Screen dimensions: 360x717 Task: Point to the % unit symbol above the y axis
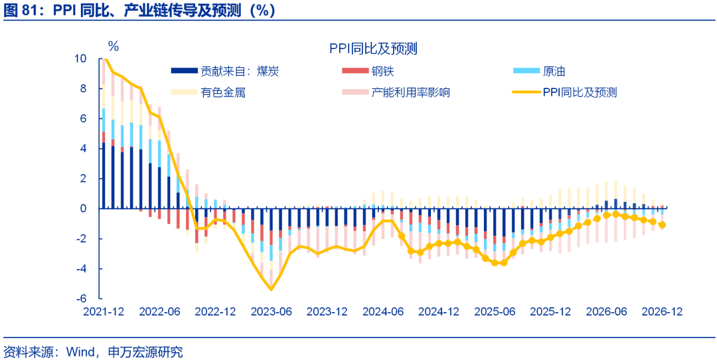114,46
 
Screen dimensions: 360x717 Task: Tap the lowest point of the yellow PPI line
272,289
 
